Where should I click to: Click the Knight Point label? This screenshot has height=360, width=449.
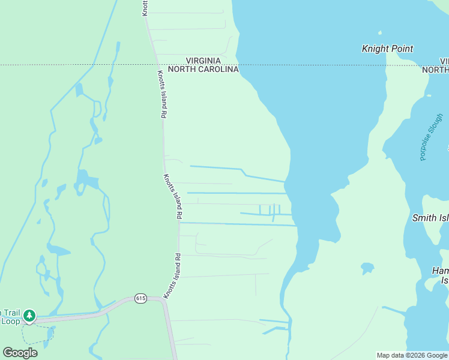(388, 49)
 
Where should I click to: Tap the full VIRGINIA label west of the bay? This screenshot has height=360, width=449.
(203, 61)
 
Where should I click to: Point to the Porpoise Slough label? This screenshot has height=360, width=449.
(430, 137)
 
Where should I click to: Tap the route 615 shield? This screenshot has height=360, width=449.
(141, 298)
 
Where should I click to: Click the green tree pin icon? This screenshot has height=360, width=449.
(29, 316)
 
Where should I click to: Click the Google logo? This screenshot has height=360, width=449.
(20, 352)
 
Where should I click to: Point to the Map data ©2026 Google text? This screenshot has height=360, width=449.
(412, 355)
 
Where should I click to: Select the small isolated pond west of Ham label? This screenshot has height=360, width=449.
(367, 267)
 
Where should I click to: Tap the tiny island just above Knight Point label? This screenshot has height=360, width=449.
(379, 32)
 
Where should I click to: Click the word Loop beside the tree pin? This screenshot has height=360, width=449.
(10, 321)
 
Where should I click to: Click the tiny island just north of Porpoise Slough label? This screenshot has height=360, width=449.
(428, 95)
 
